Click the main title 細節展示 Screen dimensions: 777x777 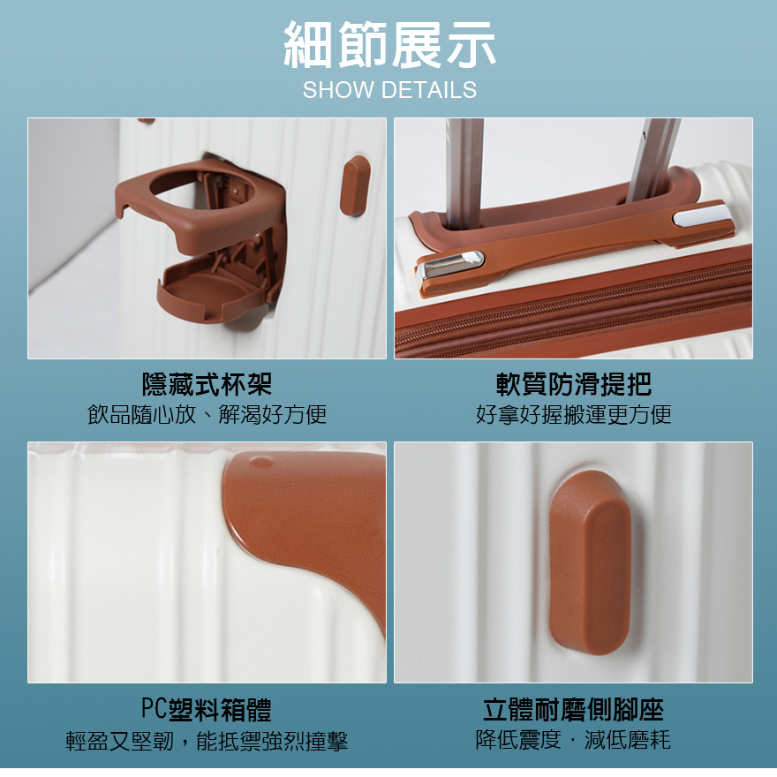pyautogui.click(x=389, y=45)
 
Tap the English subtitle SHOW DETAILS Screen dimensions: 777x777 pyautogui.click(x=389, y=90)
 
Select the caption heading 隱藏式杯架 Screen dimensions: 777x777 pyautogui.click(x=207, y=384)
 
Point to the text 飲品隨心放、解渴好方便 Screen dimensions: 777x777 pyautogui.click(x=207, y=414)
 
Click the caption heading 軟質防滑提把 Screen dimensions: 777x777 pyautogui.click(x=574, y=384)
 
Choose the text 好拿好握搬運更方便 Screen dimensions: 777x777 pyautogui.click(x=574, y=414)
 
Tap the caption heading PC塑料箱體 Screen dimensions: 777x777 pyautogui.click(x=207, y=709)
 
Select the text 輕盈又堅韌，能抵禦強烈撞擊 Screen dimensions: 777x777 pyautogui.click(x=207, y=740)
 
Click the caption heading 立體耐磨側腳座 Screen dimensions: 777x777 pyautogui.click(x=573, y=709)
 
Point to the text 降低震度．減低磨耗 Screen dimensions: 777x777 pyautogui.click(x=573, y=740)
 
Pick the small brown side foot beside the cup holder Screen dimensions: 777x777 pyautogui.click(x=355, y=185)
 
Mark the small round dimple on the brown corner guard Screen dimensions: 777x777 pyautogui.click(x=260, y=463)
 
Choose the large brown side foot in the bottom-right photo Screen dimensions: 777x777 pyautogui.click(x=590, y=562)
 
